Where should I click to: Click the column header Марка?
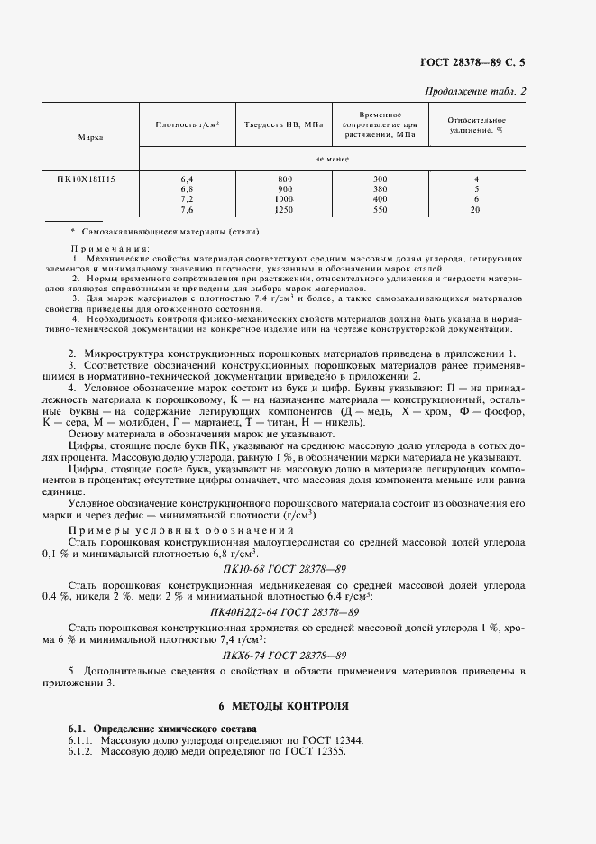[90, 137]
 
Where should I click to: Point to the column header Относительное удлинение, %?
[476, 124]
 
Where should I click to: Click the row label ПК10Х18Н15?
[91, 179]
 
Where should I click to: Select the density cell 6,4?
[187, 179]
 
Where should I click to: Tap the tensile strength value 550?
[380, 209]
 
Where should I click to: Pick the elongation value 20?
[475, 209]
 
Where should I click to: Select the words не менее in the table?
[332, 159]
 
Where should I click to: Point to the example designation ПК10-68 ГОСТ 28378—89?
[284, 570]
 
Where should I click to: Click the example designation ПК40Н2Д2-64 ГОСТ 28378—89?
[284, 611]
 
